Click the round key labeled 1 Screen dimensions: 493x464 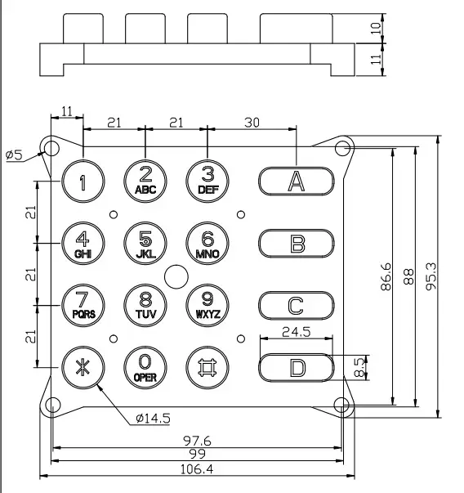click(x=83, y=181)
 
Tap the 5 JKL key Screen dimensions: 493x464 click(x=145, y=243)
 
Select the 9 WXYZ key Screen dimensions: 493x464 click(x=207, y=305)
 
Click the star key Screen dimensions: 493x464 click(x=83, y=367)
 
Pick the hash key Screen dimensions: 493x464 click(x=207, y=367)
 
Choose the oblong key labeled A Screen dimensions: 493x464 click(x=297, y=181)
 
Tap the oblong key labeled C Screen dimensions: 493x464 click(x=297, y=305)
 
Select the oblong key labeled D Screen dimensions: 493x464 click(x=297, y=367)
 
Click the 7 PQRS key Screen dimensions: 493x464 click(x=83, y=305)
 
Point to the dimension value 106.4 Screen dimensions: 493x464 click(x=196, y=468)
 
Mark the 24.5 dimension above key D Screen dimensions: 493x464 click(x=296, y=332)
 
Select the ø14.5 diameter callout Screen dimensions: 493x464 click(x=152, y=419)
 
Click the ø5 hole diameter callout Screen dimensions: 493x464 click(x=14, y=154)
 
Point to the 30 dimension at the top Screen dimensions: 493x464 click(x=252, y=123)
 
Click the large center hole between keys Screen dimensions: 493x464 click(x=175, y=276)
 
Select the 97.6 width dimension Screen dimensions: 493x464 click(x=196, y=441)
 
